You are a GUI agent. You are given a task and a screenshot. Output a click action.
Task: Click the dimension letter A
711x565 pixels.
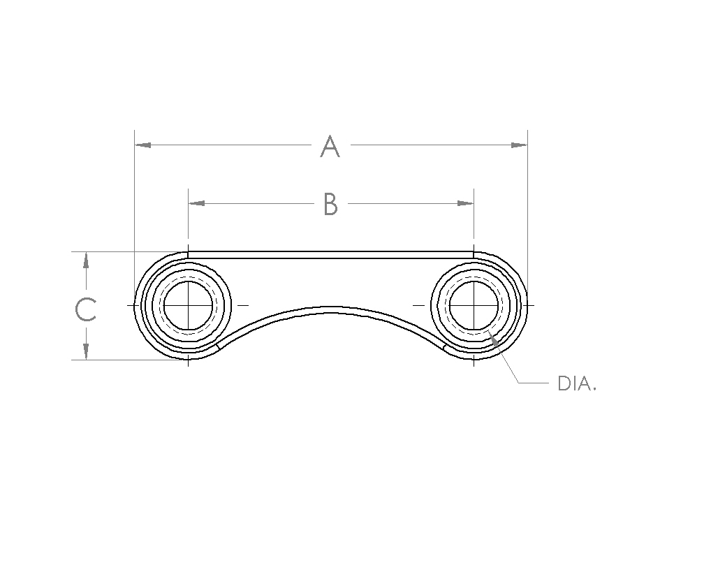[x=330, y=146]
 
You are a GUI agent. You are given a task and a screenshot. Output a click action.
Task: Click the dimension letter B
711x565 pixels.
[x=330, y=204]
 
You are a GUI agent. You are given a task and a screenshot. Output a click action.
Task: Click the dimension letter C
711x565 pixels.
[x=85, y=309]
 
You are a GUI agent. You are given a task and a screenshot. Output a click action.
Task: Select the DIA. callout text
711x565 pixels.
[x=577, y=384]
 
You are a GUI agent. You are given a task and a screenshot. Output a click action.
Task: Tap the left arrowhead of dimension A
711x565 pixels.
[x=142, y=145]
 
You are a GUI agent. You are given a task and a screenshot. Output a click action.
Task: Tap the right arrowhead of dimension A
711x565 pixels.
[x=519, y=145]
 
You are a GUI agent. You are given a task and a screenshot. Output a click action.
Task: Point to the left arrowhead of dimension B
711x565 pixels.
[x=196, y=203]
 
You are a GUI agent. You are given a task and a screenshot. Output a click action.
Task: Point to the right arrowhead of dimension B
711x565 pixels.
[x=466, y=203]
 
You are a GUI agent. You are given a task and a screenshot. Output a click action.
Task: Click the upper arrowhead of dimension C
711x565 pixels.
[x=86, y=260]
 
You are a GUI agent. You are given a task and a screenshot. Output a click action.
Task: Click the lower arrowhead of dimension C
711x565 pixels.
[x=86, y=352]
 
